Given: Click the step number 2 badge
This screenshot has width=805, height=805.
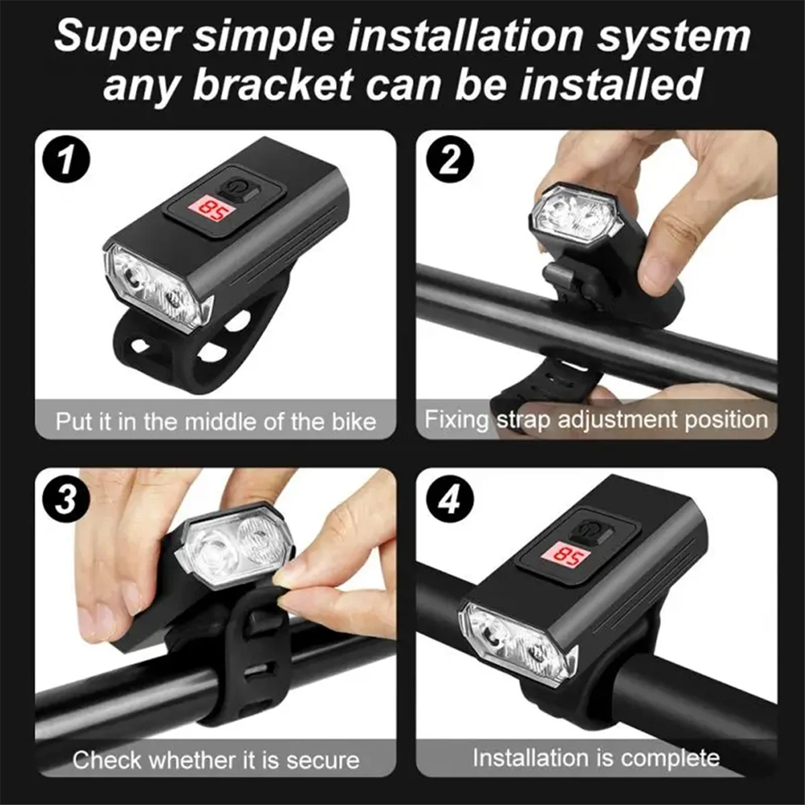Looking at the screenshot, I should (x=450, y=162).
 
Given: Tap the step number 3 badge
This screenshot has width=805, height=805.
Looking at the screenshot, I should (x=65, y=499).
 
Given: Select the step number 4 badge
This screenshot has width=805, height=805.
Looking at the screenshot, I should (x=450, y=500).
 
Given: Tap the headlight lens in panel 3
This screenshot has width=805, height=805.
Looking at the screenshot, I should (x=235, y=547).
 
